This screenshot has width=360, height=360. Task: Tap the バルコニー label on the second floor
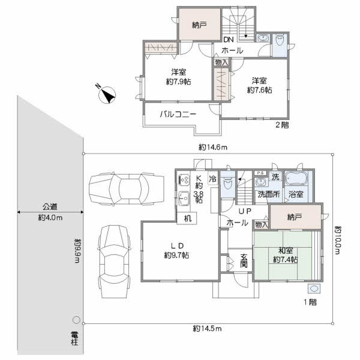tap(178, 113)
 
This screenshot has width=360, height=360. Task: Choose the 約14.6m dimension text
tap(212, 146)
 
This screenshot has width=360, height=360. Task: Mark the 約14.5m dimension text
tap(207, 328)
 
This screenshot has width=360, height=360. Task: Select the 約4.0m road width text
tap(50, 218)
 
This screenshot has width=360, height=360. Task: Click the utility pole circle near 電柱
tap(76, 319)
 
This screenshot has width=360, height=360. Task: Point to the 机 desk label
tap(188, 218)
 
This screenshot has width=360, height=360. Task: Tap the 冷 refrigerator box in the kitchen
tap(212, 178)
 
